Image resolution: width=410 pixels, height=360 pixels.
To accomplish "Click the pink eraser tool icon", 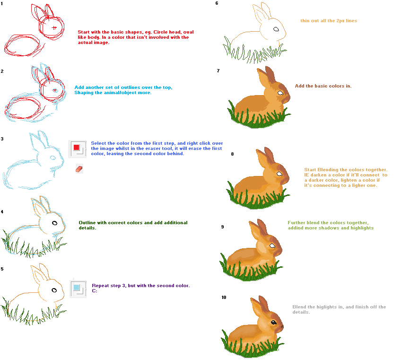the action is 79,169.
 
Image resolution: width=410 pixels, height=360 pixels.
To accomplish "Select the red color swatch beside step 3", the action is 76,148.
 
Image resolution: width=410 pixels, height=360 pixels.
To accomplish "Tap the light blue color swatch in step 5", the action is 76,287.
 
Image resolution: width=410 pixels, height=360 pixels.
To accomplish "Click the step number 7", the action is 218,70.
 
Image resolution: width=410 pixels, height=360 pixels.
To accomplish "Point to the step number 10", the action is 224,297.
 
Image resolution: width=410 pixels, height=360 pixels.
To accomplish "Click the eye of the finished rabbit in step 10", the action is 274,322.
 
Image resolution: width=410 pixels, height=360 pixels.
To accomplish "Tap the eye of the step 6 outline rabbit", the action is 276,29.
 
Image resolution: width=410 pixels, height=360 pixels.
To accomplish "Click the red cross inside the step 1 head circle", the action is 54,27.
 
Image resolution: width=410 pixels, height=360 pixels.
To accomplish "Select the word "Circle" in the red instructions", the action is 160,32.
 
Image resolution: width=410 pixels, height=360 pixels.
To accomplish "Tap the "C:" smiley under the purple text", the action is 95,290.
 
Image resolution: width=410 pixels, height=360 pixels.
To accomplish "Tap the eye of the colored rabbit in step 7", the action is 280,93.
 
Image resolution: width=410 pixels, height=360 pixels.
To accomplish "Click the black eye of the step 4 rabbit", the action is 55,223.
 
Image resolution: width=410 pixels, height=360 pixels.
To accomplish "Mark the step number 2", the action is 2,71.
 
